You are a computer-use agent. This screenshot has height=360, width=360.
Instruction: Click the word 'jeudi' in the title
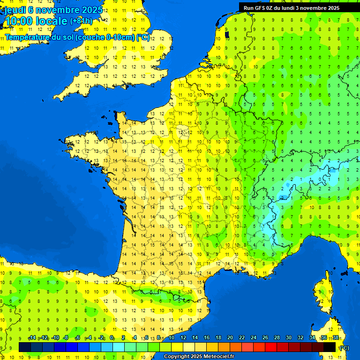[x=15, y=9]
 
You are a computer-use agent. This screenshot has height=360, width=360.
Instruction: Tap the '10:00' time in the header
[x=19, y=21]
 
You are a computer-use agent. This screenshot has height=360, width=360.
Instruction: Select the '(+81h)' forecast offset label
[x=81, y=21]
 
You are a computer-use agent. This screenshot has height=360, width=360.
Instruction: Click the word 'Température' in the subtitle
[x=28, y=37]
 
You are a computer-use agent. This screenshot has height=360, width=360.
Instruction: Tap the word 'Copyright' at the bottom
[x=177, y=357]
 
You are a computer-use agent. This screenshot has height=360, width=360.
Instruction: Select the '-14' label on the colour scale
[x=32, y=338]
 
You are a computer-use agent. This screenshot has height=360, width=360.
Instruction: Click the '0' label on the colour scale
[x=112, y=338]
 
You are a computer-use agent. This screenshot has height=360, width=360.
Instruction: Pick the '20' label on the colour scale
[x=230, y=338]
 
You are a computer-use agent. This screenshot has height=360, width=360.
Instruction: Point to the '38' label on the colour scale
[x=336, y=338]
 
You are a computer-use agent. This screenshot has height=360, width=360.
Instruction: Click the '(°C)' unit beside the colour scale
[x=345, y=348]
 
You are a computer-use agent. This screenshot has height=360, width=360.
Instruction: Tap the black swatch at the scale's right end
[x=330, y=347]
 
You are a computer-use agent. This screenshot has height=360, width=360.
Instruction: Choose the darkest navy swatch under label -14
[x=25, y=347]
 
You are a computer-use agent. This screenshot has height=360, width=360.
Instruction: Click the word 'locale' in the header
[x=51, y=21]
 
